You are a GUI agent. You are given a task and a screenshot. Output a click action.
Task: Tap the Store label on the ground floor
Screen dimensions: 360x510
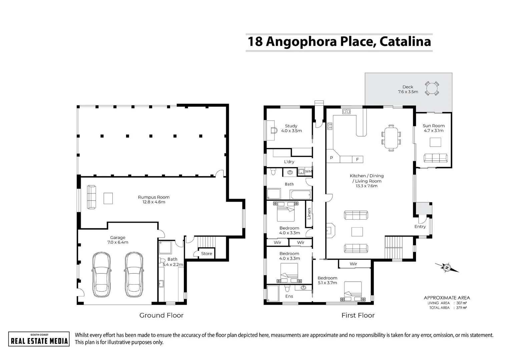coord(206,254)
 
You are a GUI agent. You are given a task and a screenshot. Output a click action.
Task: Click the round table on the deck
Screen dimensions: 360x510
coord(432,89)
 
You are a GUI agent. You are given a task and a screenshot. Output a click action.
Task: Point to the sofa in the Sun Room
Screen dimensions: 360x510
coord(435,158)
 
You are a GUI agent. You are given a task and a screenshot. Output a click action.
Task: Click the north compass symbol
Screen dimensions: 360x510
coord(447,267)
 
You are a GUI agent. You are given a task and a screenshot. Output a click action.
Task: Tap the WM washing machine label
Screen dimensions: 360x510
coord(309,172)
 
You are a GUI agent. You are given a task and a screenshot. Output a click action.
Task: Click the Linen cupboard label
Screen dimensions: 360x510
coord(309,213)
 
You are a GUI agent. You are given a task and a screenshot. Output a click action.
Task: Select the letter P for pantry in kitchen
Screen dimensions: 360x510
coord(332,158)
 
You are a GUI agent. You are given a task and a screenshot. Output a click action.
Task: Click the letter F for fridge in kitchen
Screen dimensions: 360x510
coord(357,160)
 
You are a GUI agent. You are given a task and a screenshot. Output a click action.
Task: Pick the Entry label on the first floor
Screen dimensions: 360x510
coord(420,227)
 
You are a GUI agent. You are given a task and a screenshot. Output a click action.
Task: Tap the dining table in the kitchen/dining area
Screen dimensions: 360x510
coord(391,137)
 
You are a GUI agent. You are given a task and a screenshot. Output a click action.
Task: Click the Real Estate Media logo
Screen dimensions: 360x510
coord(39,339)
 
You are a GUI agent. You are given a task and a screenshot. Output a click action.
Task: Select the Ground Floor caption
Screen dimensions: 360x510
coord(161,315)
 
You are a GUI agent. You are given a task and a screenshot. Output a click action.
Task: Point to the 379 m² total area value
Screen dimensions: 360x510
coord(462,308)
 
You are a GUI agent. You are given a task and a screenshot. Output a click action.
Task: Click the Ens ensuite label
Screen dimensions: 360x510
coord(289,296)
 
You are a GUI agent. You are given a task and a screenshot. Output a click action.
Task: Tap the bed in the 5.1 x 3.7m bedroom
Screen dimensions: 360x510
coord(353,292)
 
